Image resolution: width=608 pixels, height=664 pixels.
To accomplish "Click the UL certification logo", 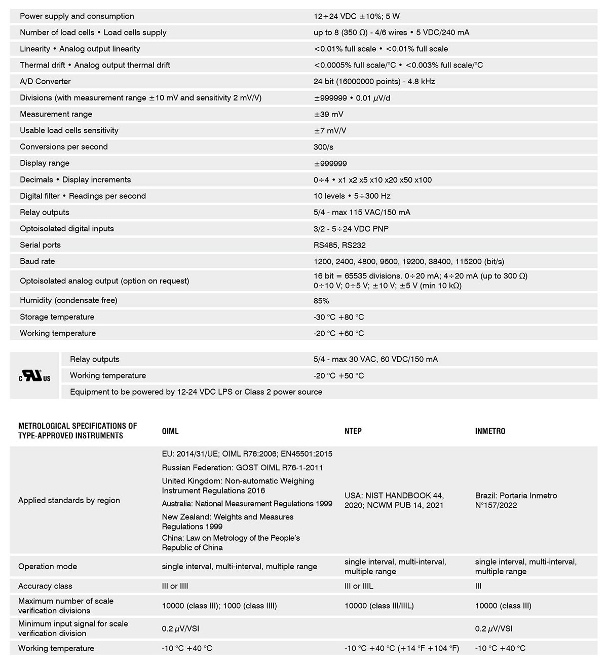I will click(35, 376).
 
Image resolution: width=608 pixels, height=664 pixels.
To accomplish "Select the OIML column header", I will click(170, 431).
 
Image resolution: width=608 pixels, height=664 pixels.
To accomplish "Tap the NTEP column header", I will click(353, 431).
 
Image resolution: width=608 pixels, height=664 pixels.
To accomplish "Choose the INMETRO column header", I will click(490, 431).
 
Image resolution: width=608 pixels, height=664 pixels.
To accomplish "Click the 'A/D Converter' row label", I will click(45, 81).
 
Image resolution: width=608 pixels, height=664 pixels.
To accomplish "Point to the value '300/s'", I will click(323, 147).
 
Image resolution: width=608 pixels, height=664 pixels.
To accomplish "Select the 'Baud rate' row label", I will click(37, 261).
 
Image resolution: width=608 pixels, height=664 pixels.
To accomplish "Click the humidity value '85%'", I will click(321, 300).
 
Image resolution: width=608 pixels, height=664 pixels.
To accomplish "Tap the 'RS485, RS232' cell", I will click(339, 245).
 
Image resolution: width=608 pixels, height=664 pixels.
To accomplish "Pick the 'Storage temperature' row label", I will click(57, 317).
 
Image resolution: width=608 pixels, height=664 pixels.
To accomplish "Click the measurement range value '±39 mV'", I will click(328, 114).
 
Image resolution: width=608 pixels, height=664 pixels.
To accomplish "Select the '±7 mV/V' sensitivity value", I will click(330, 130).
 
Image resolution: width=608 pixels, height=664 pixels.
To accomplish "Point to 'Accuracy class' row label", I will click(45, 586).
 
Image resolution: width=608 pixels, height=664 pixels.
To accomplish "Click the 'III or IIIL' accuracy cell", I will click(359, 586).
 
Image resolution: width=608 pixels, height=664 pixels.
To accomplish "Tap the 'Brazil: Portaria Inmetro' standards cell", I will click(516, 500).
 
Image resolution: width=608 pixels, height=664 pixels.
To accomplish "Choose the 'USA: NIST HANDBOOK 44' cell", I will click(394, 500).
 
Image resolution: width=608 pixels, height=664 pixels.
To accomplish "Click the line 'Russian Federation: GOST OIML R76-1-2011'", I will click(242, 467).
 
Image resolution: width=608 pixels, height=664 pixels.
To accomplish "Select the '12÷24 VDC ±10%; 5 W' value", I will click(357, 16).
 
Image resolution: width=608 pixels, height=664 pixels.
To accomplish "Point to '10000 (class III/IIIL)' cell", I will click(379, 606).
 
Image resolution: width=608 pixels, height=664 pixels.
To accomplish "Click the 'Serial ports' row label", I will click(40, 245).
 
